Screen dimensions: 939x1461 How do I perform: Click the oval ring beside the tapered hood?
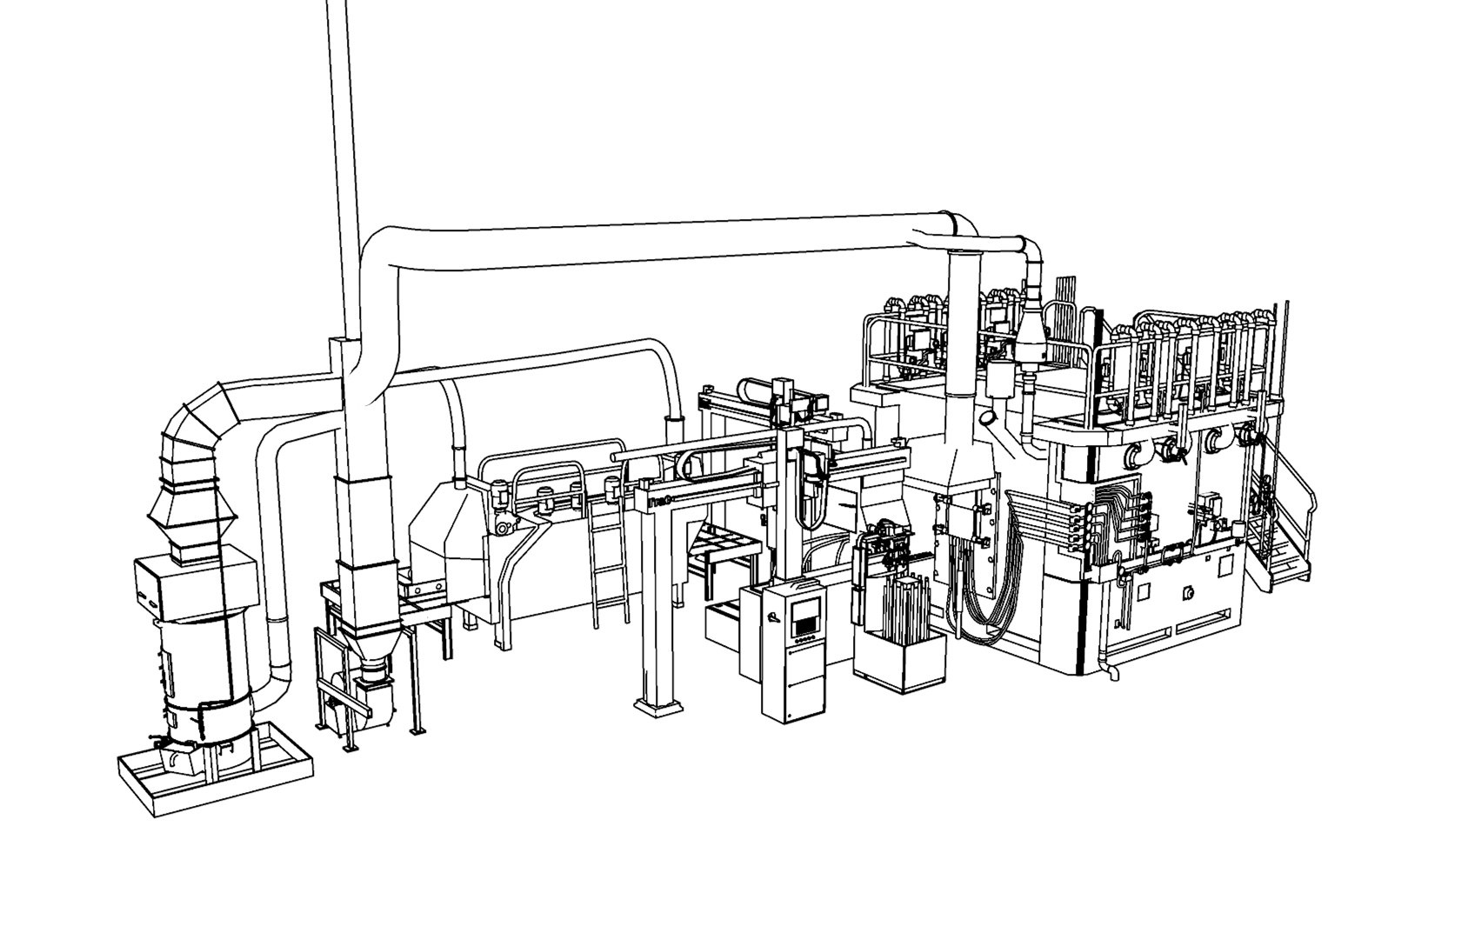(989, 418)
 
